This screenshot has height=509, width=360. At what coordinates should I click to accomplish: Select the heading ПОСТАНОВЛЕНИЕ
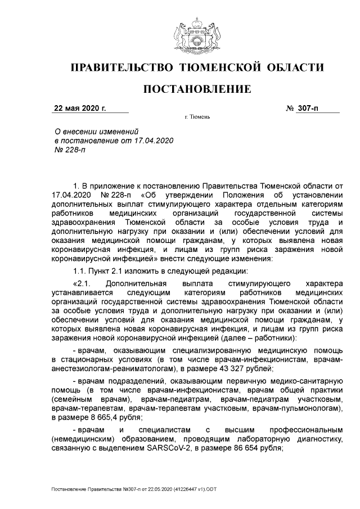[196, 89]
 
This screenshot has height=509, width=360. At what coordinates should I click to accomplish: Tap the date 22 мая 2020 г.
[80, 108]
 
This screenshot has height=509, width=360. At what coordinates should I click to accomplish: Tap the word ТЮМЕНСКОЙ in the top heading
[217, 68]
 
